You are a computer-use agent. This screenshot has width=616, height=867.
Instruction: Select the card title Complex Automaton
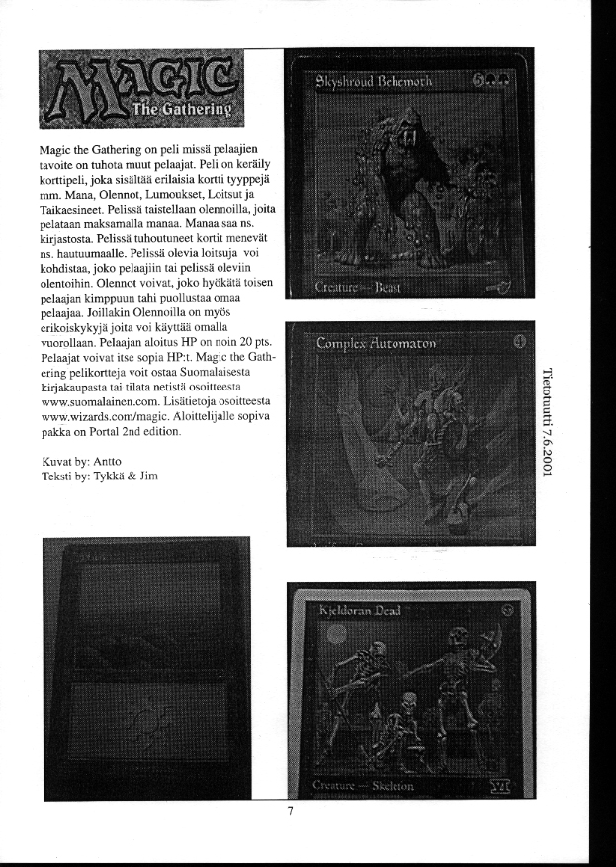coord(379,344)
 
